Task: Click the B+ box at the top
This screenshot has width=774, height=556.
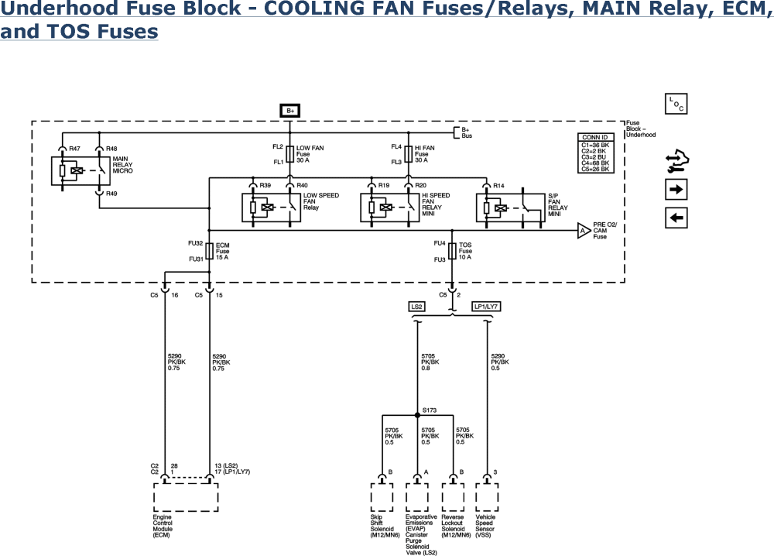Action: click(290, 111)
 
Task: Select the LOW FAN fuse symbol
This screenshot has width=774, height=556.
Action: click(290, 153)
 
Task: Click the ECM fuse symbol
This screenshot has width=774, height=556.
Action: click(210, 249)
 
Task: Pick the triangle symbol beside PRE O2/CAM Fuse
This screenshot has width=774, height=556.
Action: click(582, 230)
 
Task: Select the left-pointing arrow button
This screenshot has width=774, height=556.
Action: click(676, 218)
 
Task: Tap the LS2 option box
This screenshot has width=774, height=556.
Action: click(416, 307)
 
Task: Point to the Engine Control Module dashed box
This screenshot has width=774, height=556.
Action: click(185, 495)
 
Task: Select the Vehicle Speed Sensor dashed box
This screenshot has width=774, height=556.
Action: click(488, 496)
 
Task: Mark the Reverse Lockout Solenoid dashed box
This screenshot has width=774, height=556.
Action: click(453, 496)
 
